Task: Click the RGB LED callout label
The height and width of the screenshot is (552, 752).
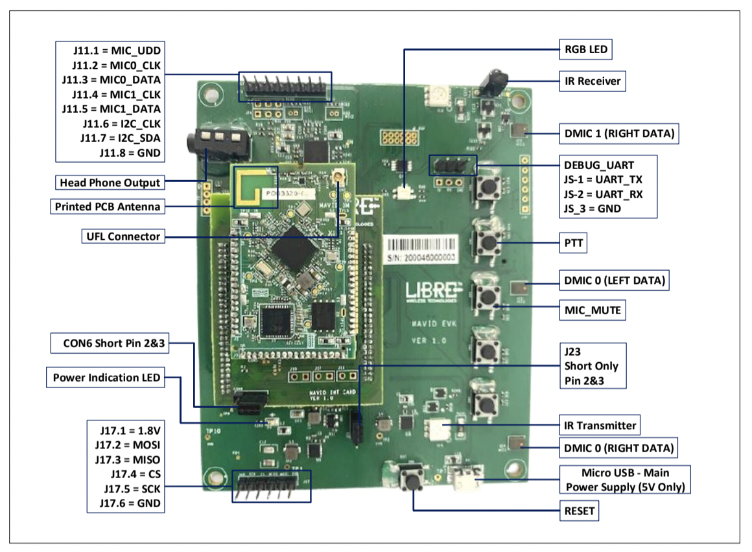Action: point(585,49)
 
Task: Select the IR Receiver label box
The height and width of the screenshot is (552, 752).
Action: point(591,81)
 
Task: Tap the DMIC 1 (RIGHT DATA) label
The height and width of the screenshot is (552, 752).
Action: point(620,134)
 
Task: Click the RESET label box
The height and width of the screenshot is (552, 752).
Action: point(579,511)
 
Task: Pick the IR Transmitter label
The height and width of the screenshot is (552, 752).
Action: point(599,425)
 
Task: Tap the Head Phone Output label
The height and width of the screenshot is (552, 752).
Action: point(109,182)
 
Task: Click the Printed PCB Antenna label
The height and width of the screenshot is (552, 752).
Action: point(107,207)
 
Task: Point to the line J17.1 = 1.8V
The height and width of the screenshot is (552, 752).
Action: point(130,429)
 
